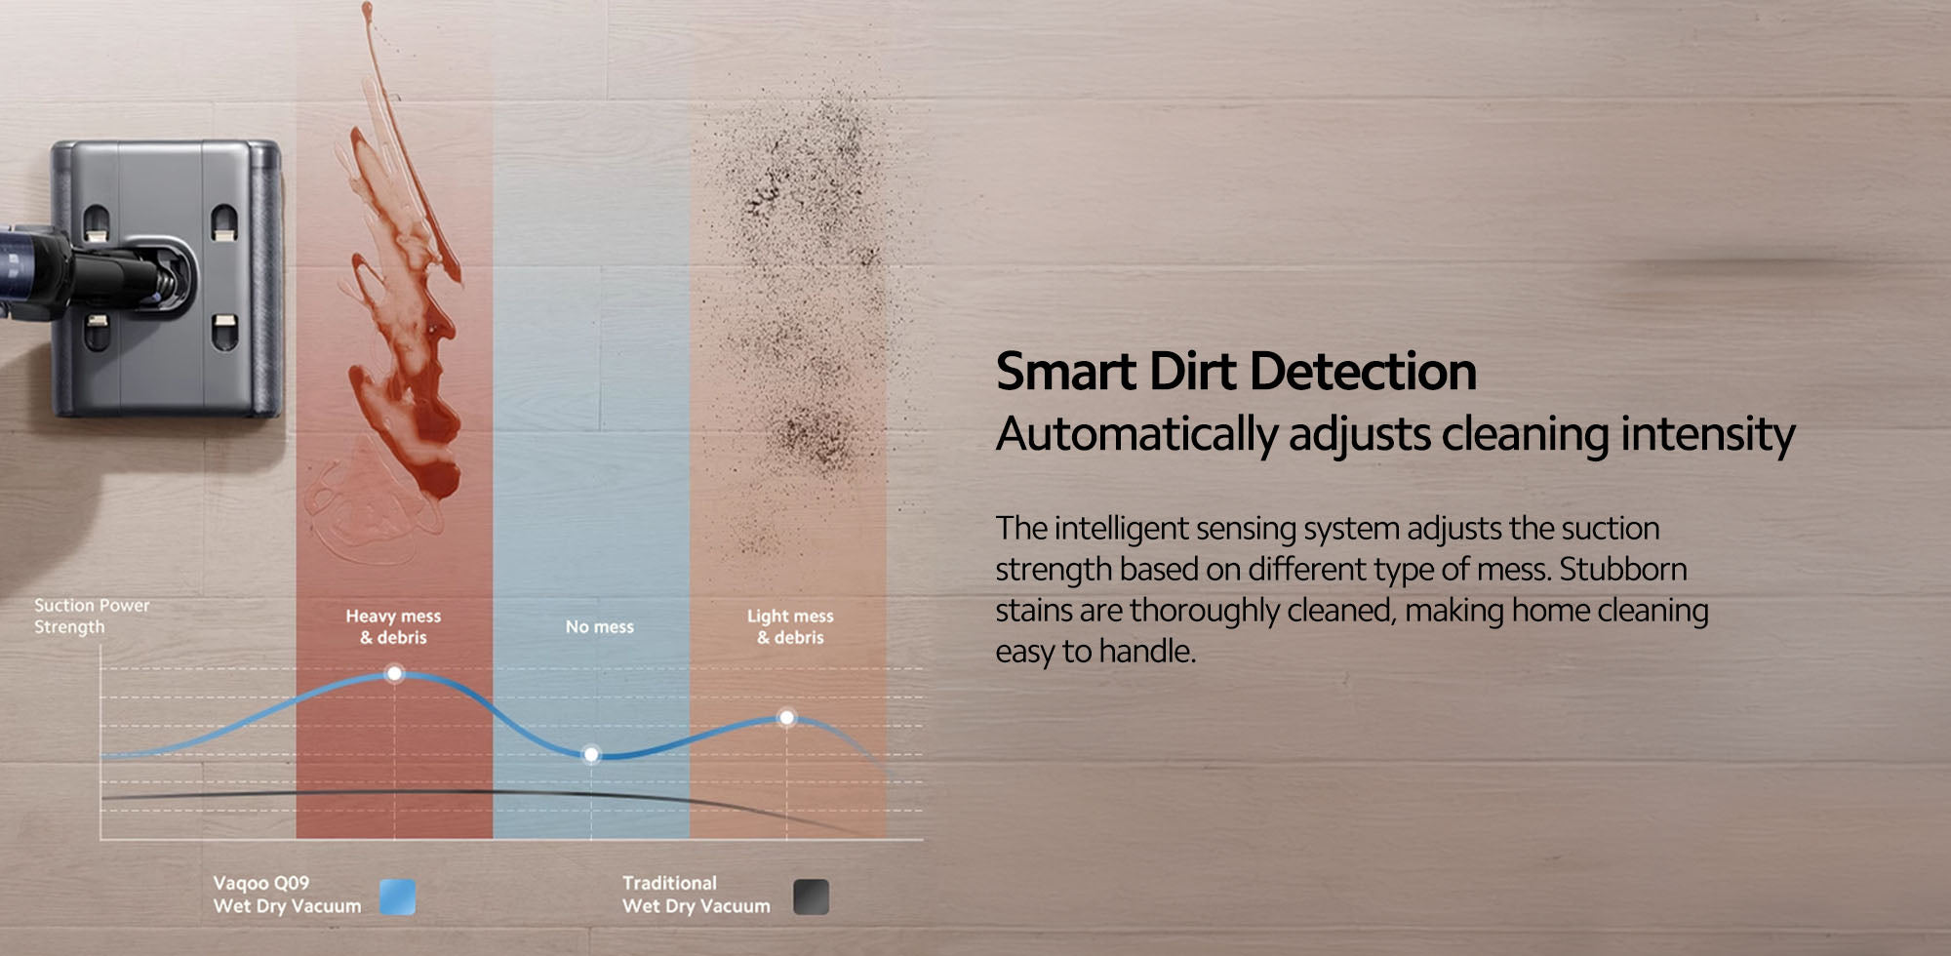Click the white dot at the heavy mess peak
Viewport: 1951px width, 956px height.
(394, 673)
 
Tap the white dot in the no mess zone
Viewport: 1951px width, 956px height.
(591, 754)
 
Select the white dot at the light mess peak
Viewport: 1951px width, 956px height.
(786, 717)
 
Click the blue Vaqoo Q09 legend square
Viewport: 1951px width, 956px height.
(397, 896)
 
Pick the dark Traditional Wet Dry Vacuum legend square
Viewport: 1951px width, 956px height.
(811, 896)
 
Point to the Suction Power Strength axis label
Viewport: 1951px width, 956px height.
(92, 616)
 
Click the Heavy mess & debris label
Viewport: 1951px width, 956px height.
(393, 626)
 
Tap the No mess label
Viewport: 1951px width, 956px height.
(600, 626)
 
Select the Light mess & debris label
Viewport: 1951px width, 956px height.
(790, 626)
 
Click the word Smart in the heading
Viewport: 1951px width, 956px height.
(1066, 372)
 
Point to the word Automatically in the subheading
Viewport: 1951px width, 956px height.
(1136, 435)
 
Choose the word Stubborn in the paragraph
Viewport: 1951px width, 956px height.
(1623, 569)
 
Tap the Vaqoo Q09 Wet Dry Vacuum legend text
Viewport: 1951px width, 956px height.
(287, 895)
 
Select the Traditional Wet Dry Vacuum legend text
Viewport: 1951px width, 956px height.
(696, 895)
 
